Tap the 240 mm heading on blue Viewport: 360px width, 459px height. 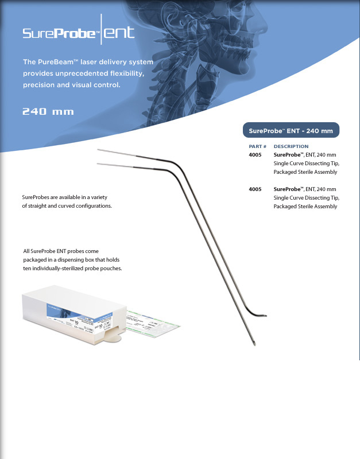click(x=48, y=111)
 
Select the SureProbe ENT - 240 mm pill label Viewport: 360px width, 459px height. click(x=291, y=131)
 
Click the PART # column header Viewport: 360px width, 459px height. click(x=257, y=146)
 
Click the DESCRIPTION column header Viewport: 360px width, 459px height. click(x=291, y=146)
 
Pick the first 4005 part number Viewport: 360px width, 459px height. click(x=256, y=155)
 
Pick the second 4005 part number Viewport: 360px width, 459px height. click(x=256, y=189)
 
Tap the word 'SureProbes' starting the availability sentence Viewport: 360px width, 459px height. click(x=37, y=197)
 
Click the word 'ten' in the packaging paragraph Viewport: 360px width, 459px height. click(x=28, y=269)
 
